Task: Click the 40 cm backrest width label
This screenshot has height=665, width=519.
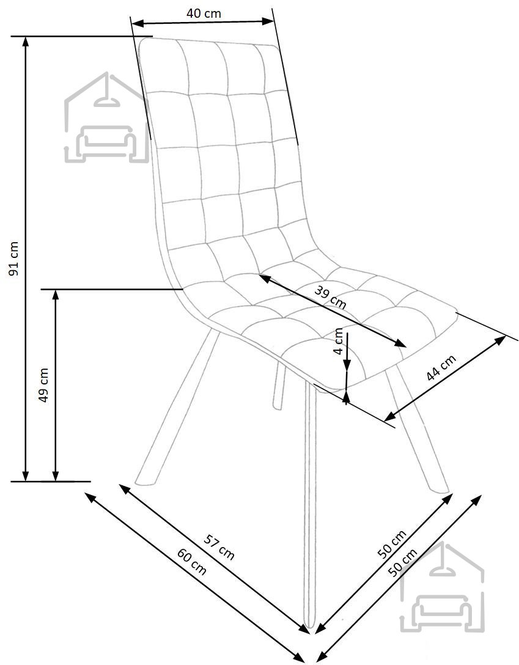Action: click(x=204, y=13)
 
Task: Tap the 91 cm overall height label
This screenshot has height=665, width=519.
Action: click(x=14, y=259)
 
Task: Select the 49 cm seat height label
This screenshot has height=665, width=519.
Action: click(x=43, y=385)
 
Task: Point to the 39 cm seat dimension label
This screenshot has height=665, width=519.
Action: click(x=330, y=297)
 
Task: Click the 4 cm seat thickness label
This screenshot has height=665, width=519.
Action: click(x=339, y=341)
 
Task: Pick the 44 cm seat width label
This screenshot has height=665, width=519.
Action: click(x=441, y=367)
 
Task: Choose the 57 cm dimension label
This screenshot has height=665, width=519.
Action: click(x=219, y=547)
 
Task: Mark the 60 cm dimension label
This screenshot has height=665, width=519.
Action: click(x=192, y=562)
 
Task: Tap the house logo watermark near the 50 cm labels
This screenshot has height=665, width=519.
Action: click(x=442, y=587)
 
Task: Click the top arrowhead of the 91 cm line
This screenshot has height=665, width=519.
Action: click(x=26, y=41)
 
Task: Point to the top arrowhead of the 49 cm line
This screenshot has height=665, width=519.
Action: click(x=56, y=294)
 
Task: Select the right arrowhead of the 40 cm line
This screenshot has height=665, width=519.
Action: click(x=269, y=21)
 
